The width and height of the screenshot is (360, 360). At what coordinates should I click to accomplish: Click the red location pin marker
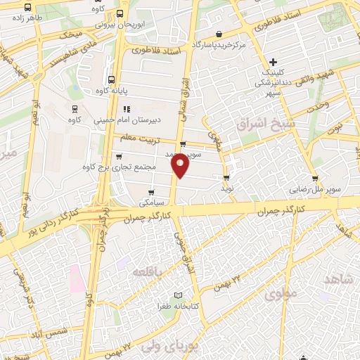(x=180, y=165)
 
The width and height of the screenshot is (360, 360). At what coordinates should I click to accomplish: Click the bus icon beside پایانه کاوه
(x=111, y=79)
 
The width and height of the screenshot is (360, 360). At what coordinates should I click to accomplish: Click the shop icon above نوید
(x=226, y=178)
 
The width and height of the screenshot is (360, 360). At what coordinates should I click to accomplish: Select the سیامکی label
(x=153, y=202)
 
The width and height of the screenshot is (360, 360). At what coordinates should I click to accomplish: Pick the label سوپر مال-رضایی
(x=314, y=189)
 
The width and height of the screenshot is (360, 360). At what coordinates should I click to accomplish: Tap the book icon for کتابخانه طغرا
(x=177, y=296)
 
